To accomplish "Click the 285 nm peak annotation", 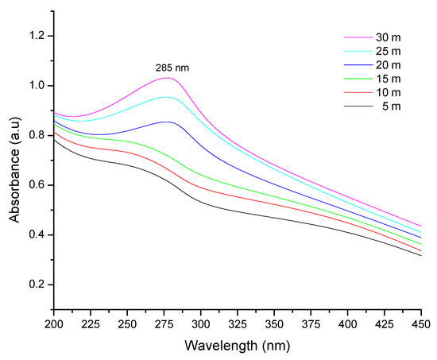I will click(x=174, y=68).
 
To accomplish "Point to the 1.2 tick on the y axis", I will click(x=39, y=36).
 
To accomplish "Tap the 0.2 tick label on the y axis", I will click(x=39, y=285).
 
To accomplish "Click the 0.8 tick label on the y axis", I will click(x=39, y=135).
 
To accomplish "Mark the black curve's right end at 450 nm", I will click(x=420, y=255).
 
